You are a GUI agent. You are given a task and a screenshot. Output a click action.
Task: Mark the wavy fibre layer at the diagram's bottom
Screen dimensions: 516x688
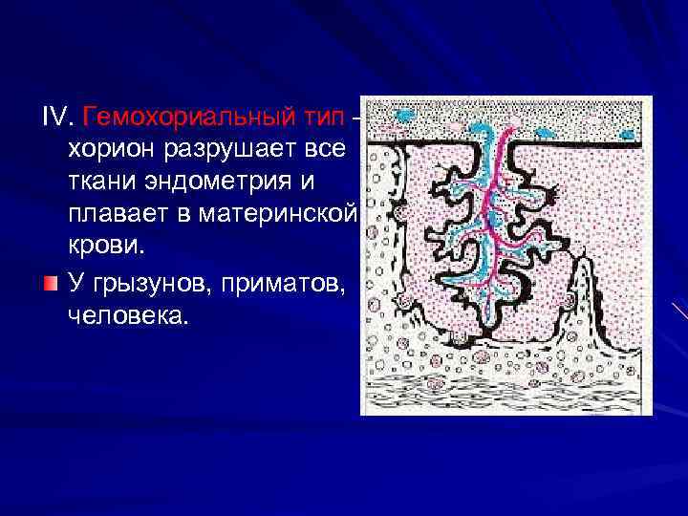coord(506,392)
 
